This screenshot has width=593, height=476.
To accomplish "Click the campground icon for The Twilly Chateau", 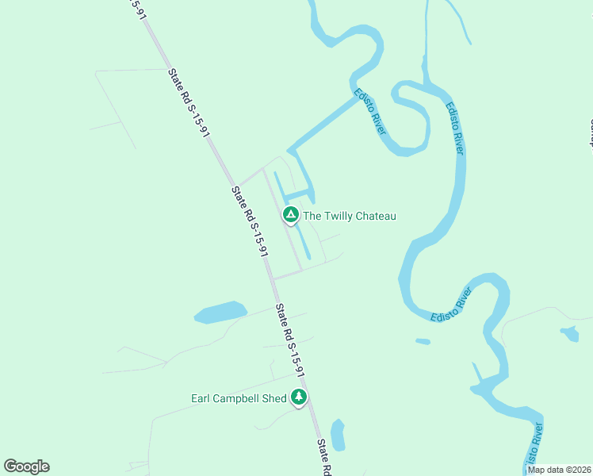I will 291,215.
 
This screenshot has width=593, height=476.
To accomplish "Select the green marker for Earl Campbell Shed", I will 299,396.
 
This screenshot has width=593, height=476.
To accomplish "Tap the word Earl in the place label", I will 201,398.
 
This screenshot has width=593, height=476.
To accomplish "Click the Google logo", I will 26,466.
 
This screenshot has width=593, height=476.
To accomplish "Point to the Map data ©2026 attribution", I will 559,470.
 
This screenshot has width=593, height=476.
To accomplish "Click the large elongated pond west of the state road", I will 220,313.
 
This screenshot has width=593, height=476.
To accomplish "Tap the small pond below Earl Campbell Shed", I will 338,435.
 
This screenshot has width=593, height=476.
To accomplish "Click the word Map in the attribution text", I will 537,470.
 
